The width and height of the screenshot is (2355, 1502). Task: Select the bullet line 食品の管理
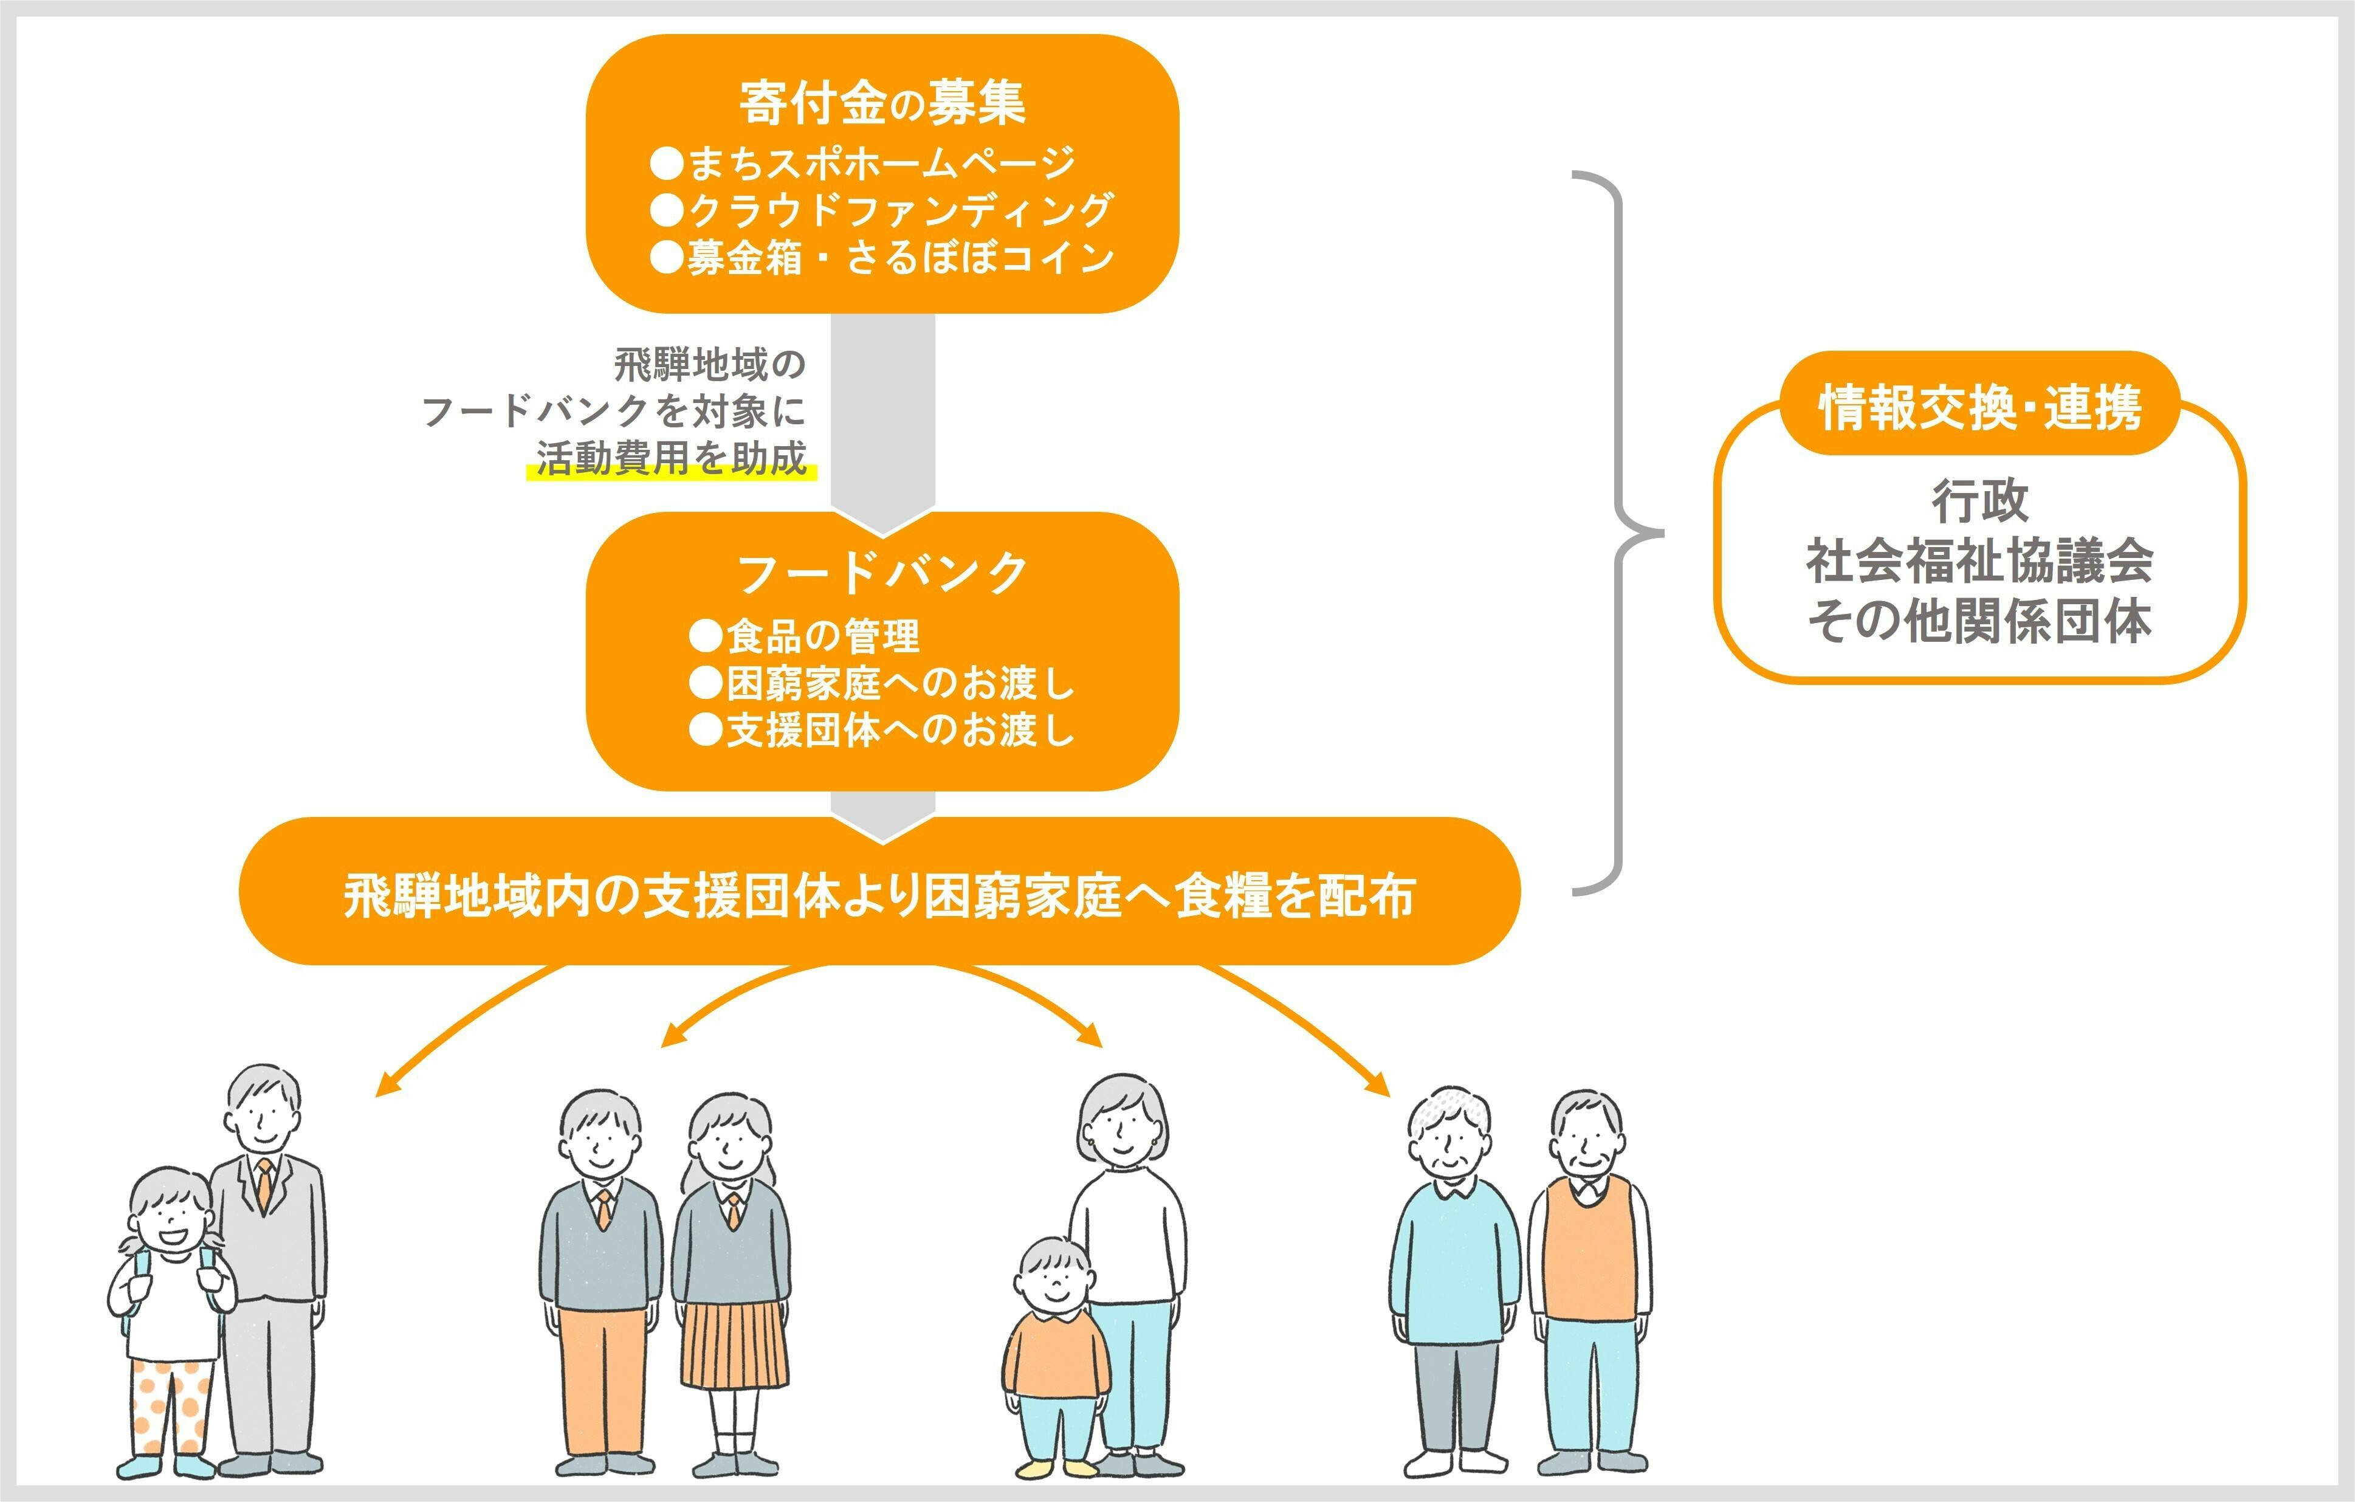[x=804, y=636]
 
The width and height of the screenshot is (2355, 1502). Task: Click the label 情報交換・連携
[x=1979, y=407]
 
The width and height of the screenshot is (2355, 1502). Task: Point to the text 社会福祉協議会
[x=1979, y=560]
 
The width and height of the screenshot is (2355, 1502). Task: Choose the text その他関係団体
[x=1979, y=620]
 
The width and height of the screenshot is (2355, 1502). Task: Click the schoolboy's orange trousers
[x=602, y=1379]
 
